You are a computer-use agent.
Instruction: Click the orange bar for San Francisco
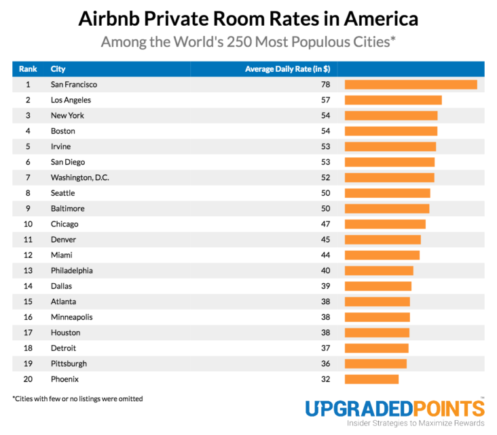(411, 85)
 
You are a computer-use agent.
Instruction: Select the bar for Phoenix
(371, 379)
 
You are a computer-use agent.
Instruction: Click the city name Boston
(63, 131)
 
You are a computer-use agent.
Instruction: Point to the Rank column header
(28, 69)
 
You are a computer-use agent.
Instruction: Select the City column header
(58, 69)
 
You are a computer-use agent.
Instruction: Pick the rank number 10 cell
(28, 224)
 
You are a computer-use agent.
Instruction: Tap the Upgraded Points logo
(394, 409)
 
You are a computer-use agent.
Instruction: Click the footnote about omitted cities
(78, 399)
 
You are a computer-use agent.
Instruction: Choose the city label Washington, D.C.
(80, 178)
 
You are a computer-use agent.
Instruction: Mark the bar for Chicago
(385, 224)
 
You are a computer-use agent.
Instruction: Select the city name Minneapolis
(72, 317)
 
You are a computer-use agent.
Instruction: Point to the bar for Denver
(383, 240)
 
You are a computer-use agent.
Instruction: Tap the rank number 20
(28, 379)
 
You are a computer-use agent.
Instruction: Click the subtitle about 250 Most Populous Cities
(248, 42)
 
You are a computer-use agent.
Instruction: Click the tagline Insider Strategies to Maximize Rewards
(416, 423)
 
